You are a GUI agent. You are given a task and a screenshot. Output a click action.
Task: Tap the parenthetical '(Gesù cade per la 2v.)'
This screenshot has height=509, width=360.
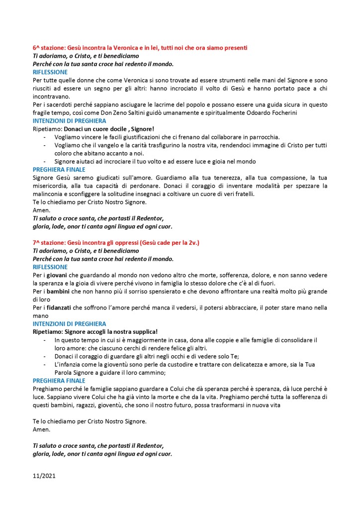tap(170, 242)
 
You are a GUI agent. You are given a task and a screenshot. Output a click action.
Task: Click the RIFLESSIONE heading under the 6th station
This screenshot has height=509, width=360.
tap(50, 72)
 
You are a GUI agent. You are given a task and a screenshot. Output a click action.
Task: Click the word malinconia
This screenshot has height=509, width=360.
tap(49, 194)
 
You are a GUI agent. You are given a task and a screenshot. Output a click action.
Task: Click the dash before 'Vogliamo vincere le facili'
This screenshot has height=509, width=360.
tap(46, 137)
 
